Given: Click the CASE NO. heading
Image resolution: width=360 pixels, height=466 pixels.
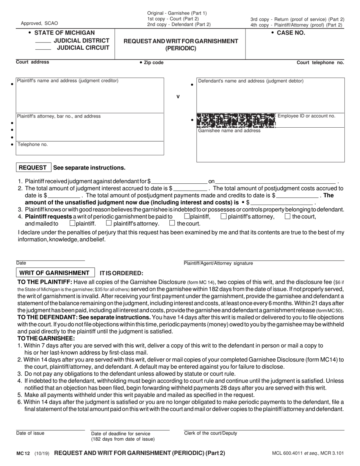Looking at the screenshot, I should point(291,33).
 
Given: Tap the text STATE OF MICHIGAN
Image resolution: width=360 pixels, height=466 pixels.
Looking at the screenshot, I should point(64,33).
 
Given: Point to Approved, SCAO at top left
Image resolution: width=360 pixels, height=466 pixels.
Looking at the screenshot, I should point(39,23).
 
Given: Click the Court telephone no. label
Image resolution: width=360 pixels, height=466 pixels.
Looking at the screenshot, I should point(320,63).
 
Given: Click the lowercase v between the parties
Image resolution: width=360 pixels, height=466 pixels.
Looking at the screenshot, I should point(178,97).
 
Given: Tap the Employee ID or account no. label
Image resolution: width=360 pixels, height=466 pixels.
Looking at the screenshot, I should point(306,116).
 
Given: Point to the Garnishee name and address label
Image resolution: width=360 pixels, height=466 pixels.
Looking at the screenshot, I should point(229,131).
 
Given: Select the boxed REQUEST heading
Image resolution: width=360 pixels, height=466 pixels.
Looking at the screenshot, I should point(33,168).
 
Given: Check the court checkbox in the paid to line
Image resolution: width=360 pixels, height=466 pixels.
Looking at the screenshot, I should point(287,217).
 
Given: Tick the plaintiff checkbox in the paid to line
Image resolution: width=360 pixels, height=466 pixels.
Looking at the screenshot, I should point(186,217).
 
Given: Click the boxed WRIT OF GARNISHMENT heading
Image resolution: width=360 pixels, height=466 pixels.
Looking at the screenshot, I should point(54,273).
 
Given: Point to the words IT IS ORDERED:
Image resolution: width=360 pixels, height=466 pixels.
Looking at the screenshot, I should point(121,273).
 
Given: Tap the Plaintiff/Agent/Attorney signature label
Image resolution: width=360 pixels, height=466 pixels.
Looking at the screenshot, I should point(218,263).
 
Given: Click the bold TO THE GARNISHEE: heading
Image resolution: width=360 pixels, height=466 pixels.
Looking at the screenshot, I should point(46,338).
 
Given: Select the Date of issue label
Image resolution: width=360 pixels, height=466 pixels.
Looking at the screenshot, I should point(30,433).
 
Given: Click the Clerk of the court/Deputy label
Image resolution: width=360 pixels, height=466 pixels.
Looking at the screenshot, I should point(210,433).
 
